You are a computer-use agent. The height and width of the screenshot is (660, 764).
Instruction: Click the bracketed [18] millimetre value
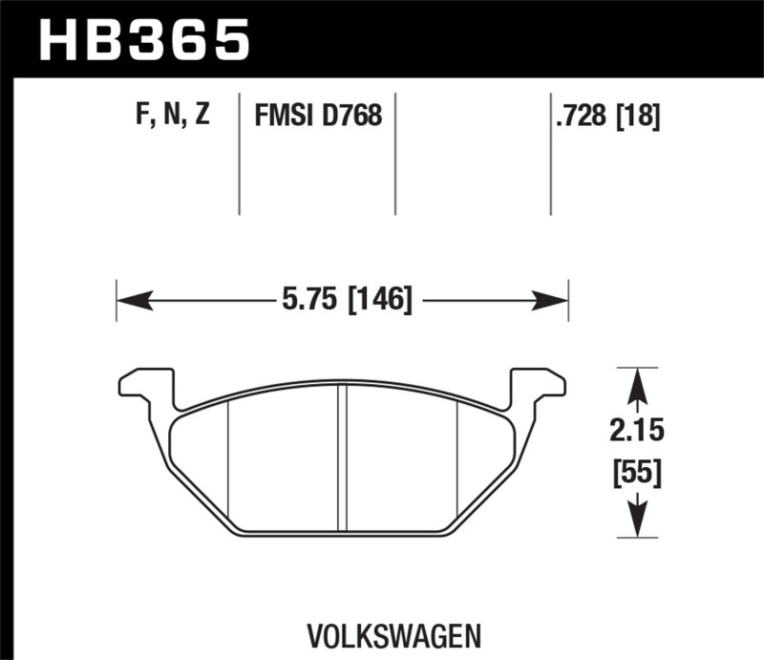click(639, 117)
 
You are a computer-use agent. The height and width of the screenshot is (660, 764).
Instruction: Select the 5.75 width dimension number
click(311, 302)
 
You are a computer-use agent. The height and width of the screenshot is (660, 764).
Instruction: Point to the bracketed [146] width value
click(380, 302)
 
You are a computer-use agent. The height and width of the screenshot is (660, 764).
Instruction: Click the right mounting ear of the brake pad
click(536, 386)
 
